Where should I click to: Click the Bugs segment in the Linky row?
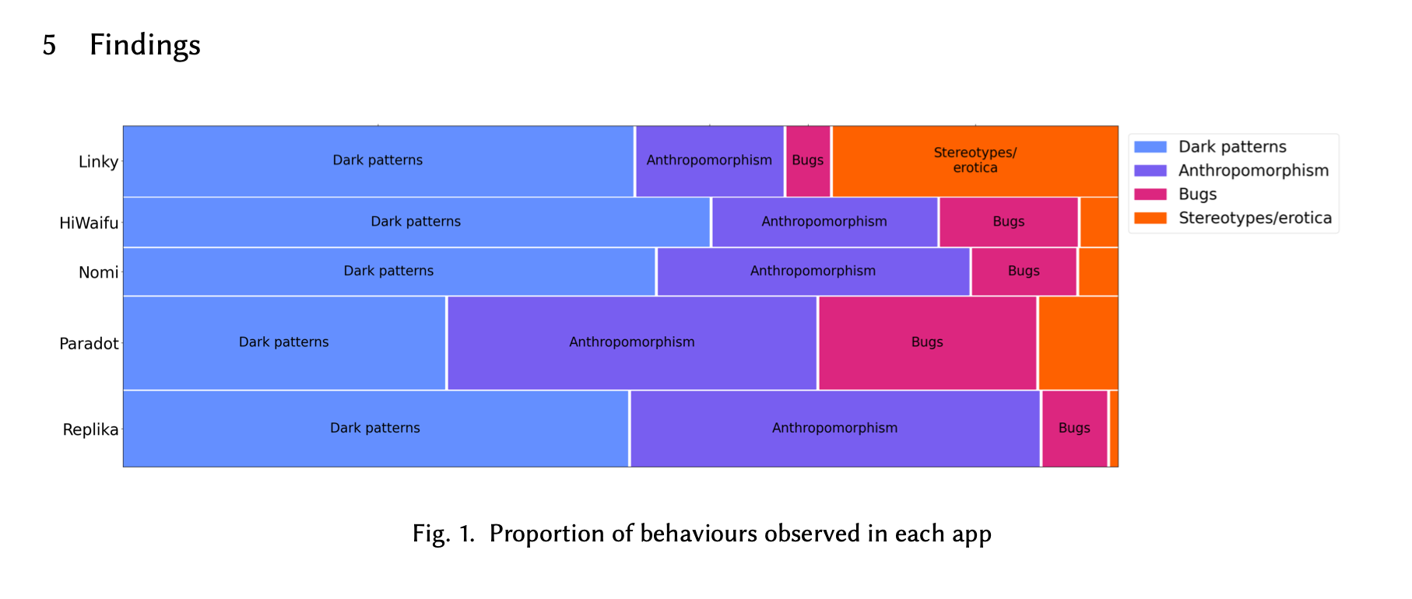coord(808,161)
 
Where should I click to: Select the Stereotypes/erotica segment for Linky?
coord(975,161)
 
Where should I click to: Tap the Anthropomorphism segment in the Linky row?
coord(709,161)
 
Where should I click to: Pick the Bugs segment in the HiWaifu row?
coord(1009,222)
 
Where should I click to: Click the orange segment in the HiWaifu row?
coord(1099,222)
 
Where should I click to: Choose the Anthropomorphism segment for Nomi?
coord(813,271)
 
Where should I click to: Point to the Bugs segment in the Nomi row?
coord(1024,271)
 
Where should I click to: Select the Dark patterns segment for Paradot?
coord(284,343)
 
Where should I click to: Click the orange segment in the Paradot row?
coord(1079,343)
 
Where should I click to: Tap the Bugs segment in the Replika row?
coord(1075,429)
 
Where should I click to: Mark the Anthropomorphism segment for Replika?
coord(835,429)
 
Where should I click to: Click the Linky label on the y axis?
coord(98,162)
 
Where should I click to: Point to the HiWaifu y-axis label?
coord(89,223)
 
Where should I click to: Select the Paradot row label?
coord(89,344)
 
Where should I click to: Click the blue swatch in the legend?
coord(1150,147)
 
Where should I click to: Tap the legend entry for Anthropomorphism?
coord(1231,170)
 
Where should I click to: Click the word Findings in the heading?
coord(145,45)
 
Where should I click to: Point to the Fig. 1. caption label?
coord(444,534)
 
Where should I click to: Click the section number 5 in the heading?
coord(49,45)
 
